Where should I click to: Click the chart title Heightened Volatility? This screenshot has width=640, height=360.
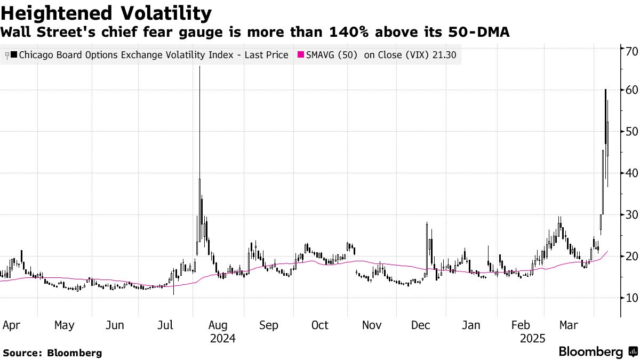click(x=107, y=12)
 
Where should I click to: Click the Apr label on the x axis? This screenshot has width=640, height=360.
click(x=12, y=325)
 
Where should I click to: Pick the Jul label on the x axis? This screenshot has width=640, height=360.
click(x=166, y=325)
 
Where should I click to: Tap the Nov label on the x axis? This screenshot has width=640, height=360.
click(x=371, y=325)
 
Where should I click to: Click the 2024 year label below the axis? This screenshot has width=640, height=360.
click(x=222, y=339)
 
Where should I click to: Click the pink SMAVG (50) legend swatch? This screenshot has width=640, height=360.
click(x=300, y=55)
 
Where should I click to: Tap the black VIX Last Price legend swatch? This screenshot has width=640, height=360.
click(x=13, y=55)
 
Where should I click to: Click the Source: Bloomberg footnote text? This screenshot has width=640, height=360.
click(x=52, y=353)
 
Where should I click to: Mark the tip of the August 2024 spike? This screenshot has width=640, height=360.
click(x=199, y=66)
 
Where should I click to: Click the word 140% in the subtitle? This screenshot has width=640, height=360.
click(x=341, y=33)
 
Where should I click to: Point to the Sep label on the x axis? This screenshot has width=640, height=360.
click(x=268, y=325)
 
